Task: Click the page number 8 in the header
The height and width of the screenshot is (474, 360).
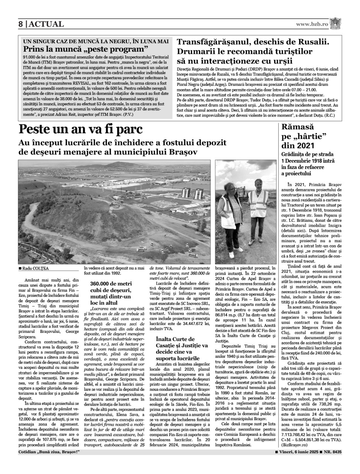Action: click(x=21, y=24)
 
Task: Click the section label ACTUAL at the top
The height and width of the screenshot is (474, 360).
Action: click(x=46, y=24)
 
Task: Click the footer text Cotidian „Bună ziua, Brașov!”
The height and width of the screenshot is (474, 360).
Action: click(x=49, y=452)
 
